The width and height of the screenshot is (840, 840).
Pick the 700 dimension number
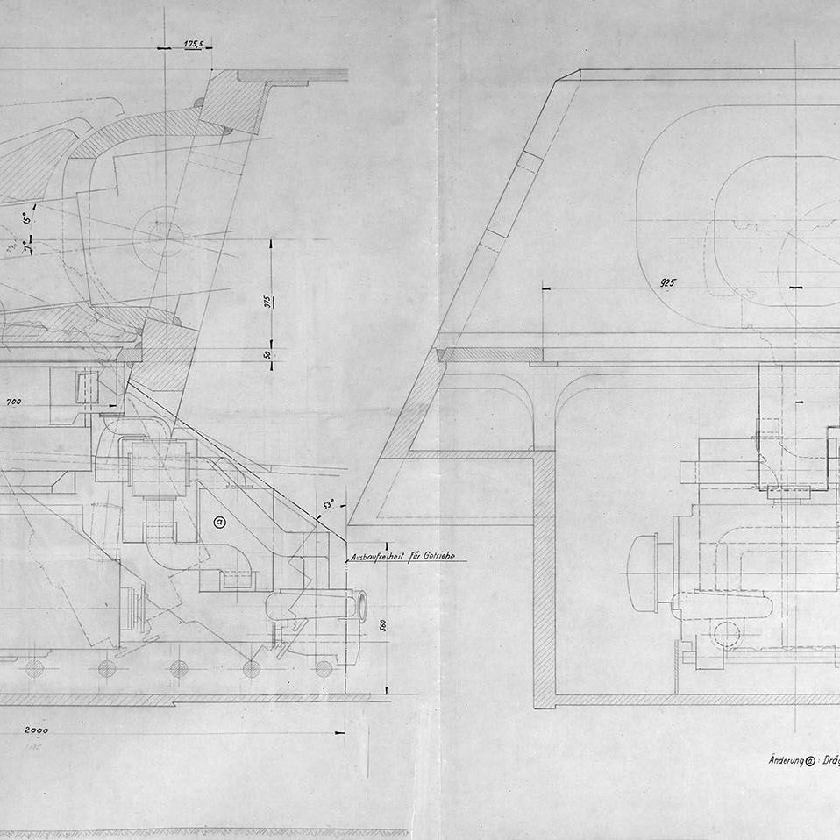pyautogui.click(x=14, y=402)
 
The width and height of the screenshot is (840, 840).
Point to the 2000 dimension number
pyautogui.click(x=36, y=730)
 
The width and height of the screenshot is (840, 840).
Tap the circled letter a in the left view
pyautogui.click(x=218, y=523)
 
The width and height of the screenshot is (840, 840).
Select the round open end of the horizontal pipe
pyautogui.click(x=359, y=606)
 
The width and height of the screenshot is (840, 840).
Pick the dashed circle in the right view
pyautogui.click(x=726, y=633)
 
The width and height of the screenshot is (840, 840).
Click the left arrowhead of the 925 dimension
pyautogui.click(x=545, y=287)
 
